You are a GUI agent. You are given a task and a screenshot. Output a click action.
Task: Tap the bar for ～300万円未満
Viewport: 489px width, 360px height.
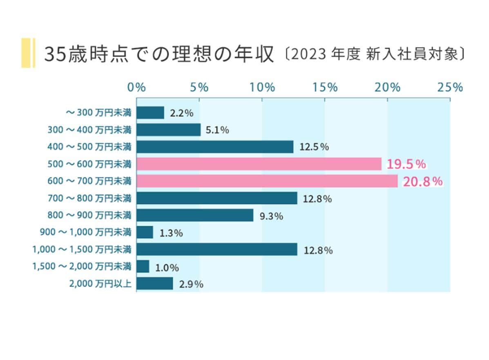[x=150, y=113]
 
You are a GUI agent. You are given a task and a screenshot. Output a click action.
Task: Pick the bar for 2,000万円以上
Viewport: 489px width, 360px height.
[x=154, y=284]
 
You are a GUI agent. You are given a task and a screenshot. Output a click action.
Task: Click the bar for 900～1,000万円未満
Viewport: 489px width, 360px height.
[x=145, y=232]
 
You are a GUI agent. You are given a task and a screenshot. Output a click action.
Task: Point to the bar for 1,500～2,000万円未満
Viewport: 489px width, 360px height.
[x=143, y=267]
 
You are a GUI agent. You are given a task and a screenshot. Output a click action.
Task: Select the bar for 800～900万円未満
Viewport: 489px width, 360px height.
[x=194, y=215]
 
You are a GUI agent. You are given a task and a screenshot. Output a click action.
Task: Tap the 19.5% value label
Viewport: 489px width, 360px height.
[x=406, y=164]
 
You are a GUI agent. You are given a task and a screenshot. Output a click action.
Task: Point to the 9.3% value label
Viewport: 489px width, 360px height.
[x=271, y=216]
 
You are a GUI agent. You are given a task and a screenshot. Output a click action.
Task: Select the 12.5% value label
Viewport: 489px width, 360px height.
[x=314, y=147]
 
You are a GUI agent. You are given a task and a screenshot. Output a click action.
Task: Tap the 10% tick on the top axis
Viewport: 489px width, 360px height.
[x=262, y=87]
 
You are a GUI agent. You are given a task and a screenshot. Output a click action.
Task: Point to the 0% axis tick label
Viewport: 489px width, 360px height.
[x=136, y=87]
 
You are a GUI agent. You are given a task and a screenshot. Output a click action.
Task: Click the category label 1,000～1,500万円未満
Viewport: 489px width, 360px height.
[x=82, y=249]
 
